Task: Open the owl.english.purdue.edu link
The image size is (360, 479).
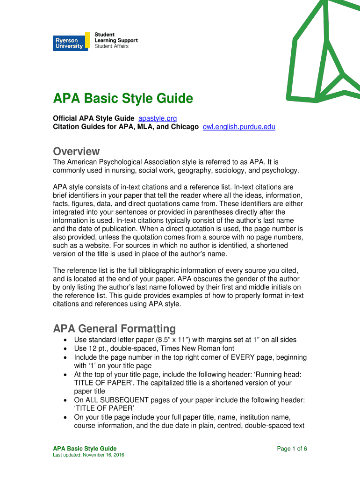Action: (239, 127)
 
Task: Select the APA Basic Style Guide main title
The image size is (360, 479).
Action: (122, 99)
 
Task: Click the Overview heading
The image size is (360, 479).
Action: (76, 152)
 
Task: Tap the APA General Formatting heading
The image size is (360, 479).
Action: (114, 328)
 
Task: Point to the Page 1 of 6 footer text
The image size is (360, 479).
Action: (292, 449)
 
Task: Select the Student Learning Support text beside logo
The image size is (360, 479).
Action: (115, 40)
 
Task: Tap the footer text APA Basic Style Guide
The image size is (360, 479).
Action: (85, 449)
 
